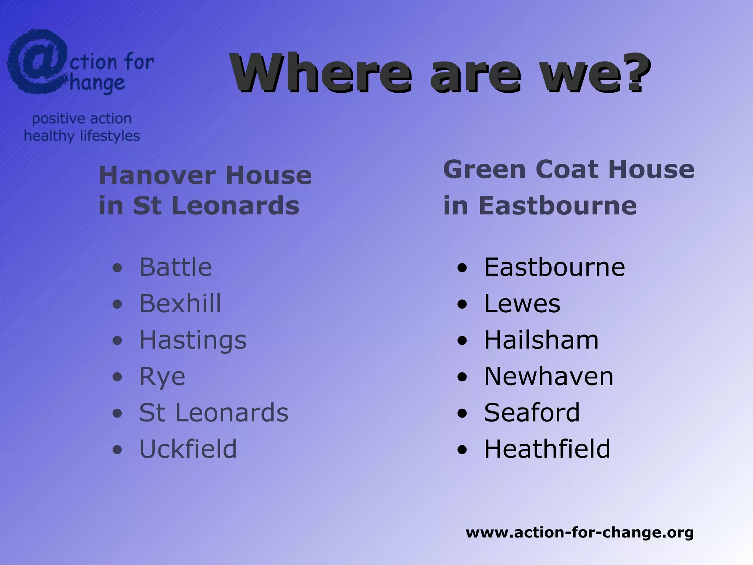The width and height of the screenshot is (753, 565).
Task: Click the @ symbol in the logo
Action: point(37,61)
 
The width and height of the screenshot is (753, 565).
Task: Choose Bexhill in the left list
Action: point(180,303)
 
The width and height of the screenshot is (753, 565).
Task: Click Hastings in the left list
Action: point(193,340)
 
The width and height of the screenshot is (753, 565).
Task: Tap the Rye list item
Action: point(162,377)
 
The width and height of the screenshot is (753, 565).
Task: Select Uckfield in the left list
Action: point(188,449)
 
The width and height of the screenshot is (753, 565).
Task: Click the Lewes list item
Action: point(522,303)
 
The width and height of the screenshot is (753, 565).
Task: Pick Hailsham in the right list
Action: point(541,340)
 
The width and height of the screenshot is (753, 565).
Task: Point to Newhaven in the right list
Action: point(549,376)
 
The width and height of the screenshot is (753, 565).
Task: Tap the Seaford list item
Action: point(532,413)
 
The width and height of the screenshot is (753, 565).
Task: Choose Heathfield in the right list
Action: point(547,449)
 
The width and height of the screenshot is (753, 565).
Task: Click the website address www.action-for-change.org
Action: point(579,532)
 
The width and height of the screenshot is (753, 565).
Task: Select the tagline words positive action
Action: point(82,118)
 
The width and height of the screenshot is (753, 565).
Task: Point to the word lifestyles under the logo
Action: point(110,136)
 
